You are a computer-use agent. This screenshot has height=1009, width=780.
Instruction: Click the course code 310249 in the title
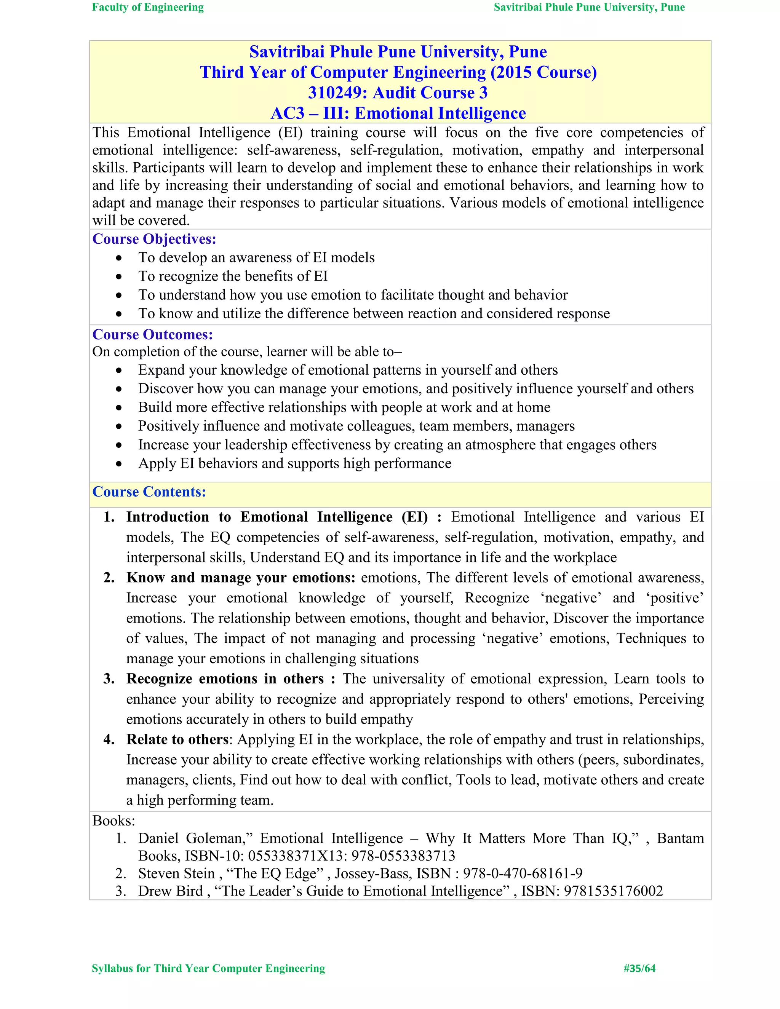[x=336, y=93]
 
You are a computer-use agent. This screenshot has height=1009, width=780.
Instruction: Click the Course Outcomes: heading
[x=152, y=334]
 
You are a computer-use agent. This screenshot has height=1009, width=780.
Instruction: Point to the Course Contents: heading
[x=149, y=492]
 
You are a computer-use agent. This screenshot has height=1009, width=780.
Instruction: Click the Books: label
[x=113, y=821]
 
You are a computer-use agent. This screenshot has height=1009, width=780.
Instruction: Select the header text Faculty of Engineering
[x=148, y=7]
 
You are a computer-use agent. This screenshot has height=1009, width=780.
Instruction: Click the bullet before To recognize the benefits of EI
[x=119, y=277]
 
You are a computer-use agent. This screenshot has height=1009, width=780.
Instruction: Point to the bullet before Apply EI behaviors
[x=119, y=464]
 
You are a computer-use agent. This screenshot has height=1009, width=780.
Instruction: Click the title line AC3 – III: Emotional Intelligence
[x=398, y=113]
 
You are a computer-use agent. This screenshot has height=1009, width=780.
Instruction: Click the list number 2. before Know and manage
[x=109, y=578]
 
